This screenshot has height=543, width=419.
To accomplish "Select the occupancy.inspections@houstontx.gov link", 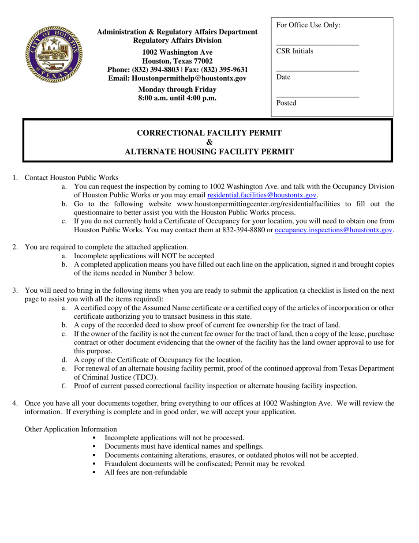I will (333, 230).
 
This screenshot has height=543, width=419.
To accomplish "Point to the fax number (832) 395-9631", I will (224, 70).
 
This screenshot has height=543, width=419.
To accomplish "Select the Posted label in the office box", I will (286, 103).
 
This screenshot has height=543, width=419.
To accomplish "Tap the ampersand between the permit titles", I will (209, 142).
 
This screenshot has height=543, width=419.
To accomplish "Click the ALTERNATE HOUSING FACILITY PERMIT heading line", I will (209, 152).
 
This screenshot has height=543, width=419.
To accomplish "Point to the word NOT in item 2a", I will (155, 256).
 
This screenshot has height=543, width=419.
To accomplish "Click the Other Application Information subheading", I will (71, 429).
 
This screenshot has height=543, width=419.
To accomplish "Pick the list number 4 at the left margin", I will (15, 403).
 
